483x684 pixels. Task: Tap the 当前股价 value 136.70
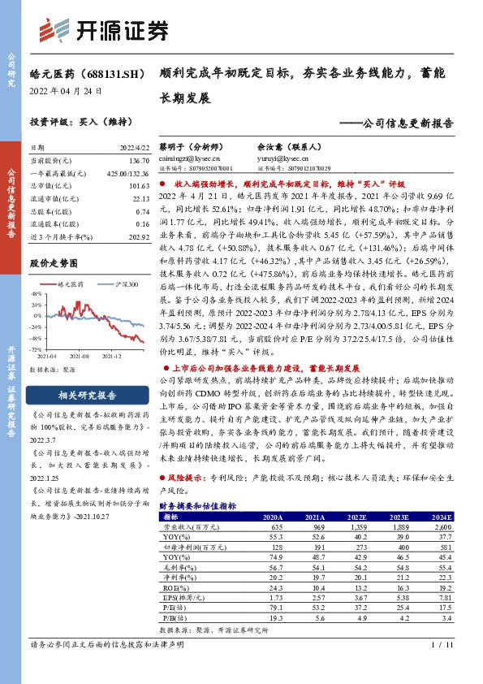click(x=139, y=162)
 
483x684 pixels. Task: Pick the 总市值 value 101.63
click(x=139, y=185)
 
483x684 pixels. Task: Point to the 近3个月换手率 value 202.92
click(x=139, y=236)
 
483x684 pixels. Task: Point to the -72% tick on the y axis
click(x=37, y=348)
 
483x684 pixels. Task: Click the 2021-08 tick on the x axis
click(x=80, y=355)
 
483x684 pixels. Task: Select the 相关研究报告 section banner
click(x=89, y=396)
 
